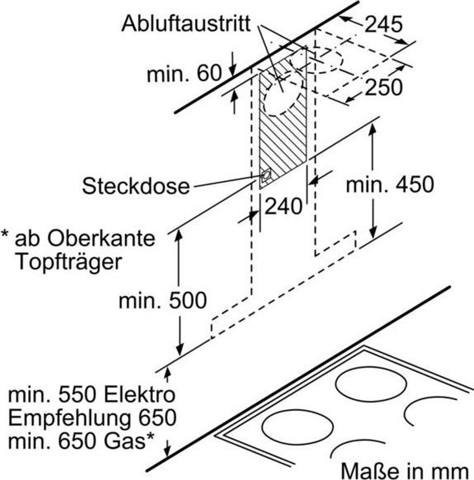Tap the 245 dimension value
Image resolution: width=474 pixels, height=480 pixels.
click(x=383, y=24)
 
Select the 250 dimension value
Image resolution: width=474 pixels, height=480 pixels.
click(x=383, y=87)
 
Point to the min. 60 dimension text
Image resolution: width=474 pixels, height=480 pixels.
click(x=184, y=74)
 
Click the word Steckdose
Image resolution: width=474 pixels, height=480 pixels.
click(x=136, y=186)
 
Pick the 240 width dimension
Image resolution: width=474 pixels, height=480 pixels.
click(x=283, y=206)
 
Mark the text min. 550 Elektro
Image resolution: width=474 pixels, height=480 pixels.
click(x=92, y=395)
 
